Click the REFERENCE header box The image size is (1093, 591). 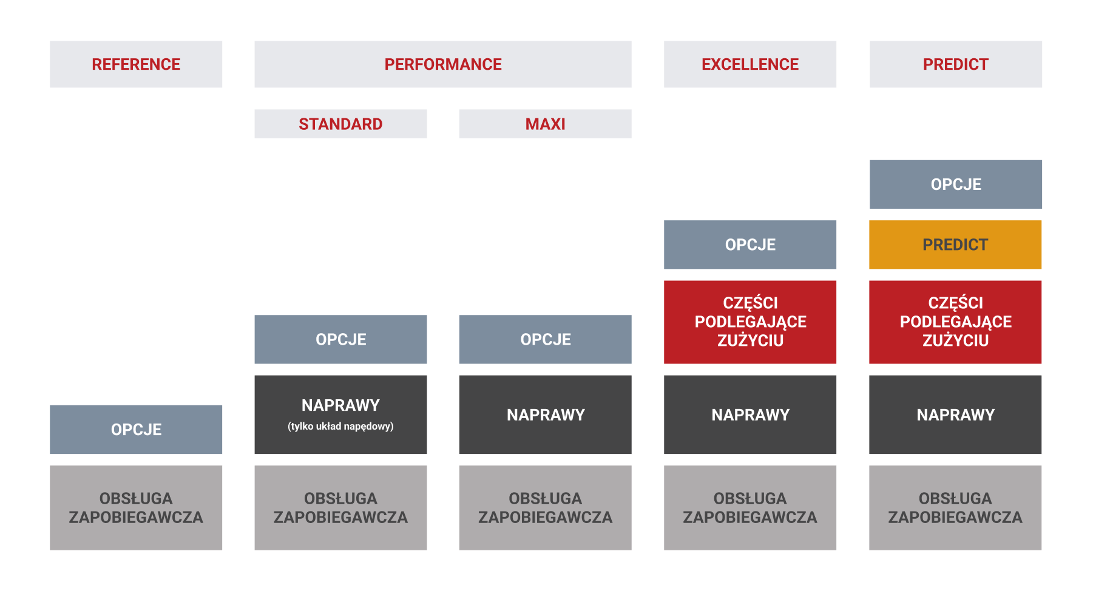click(136, 64)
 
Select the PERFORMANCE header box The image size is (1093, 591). click(442, 64)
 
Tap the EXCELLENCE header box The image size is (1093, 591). click(750, 64)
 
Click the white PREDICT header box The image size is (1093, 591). click(956, 64)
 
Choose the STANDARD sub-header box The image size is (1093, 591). click(340, 124)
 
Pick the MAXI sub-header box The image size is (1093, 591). click(545, 124)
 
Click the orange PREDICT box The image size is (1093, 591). click(955, 245)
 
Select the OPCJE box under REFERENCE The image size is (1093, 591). click(136, 430)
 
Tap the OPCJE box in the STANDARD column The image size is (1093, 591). click(340, 339)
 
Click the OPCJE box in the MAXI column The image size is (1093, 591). click(545, 339)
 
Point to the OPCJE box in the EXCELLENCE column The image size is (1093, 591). click(750, 245)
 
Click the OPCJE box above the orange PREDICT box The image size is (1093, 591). click(956, 184)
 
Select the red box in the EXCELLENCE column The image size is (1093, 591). click(750, 322)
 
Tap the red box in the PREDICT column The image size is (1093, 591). click(955, 322)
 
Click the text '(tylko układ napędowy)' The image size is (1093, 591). click(340, 427)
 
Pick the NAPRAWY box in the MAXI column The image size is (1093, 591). click(545, 414)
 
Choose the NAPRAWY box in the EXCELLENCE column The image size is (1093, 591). click(750, 414)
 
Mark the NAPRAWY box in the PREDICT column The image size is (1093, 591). click(955, 414)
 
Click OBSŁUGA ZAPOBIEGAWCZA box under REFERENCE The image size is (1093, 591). click(136, 508)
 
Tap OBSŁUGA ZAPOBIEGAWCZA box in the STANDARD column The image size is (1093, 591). click(340, 508)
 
